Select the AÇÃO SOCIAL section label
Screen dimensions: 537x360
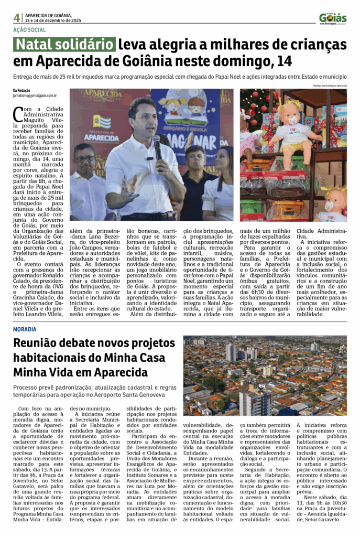click(x=29, y=30)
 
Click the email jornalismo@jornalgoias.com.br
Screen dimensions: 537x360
click(x=35, y=96)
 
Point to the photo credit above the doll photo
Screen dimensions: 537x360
click(x=330, y=85)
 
